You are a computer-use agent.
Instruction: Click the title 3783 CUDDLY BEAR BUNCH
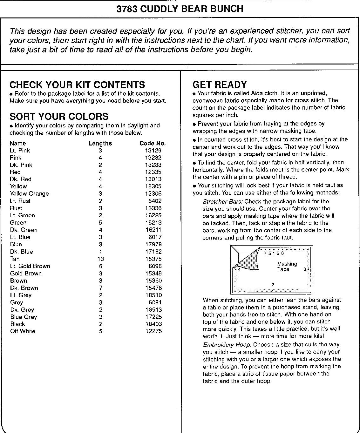coord(180,9)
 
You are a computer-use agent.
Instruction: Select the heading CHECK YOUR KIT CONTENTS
coord(77,85)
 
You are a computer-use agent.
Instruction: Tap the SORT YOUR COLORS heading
coord(59,116)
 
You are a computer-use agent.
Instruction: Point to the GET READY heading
coord(220,85)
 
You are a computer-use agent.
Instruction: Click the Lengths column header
coord(100,143)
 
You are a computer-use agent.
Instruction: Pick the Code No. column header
coord(153,143)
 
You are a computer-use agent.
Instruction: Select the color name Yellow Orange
coord(29,193)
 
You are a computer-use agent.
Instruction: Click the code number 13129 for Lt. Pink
coord(153,151)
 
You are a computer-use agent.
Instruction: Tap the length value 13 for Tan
coord(100,259)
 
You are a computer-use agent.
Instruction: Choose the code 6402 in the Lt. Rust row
coord(155,201)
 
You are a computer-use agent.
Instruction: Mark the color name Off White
coord(23,331)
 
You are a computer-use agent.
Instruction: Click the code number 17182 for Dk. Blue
coord(153,252)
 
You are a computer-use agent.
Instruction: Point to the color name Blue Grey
coord(24,317)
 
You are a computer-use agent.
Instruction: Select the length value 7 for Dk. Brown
coord(100,288)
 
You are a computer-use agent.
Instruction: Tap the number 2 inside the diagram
coord(273,285)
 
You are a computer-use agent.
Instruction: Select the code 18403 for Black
coord(153,324)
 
